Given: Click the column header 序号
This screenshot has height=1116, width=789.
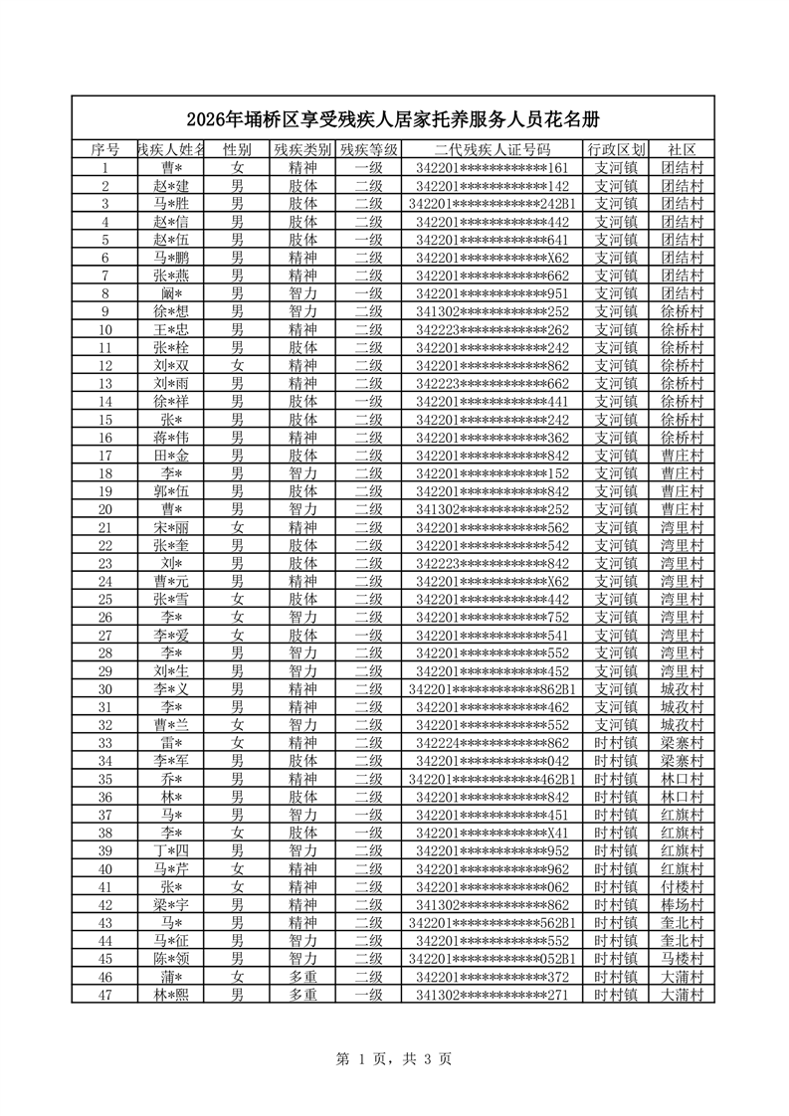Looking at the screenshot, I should coord(104,150).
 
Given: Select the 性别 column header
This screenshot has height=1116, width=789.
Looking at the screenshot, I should coord(237,150).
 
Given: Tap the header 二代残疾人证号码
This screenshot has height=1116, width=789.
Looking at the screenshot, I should coord(493,150).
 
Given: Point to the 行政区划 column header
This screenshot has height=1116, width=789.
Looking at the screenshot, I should coord(616,150).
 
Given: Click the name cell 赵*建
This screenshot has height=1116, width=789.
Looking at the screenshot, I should coord(171,186).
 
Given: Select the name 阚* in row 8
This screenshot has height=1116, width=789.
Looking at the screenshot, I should coord(171,293).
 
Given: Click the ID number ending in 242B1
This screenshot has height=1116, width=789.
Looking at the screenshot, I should coord(493,204).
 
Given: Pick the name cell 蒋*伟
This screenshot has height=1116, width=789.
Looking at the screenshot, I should coord(171,437).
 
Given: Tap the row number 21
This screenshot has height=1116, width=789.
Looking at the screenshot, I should coord(104,526).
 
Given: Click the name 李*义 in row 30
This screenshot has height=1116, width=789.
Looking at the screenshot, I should coord(171,688).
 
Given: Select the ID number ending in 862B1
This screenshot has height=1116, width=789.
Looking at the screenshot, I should coord(493,688).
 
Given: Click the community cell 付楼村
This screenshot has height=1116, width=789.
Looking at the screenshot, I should coord(682,886).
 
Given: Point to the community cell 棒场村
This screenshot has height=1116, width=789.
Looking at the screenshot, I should coord(682,904).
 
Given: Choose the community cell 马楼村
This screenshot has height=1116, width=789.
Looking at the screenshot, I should coord(682,958).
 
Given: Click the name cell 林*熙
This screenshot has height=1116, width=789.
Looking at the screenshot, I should coord(171,994).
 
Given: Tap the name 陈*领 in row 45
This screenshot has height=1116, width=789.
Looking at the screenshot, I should coord(171,958).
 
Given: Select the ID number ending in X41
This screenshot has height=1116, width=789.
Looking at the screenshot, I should coord(493,832).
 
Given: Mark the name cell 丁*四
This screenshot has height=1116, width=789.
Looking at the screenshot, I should coord(171,850).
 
